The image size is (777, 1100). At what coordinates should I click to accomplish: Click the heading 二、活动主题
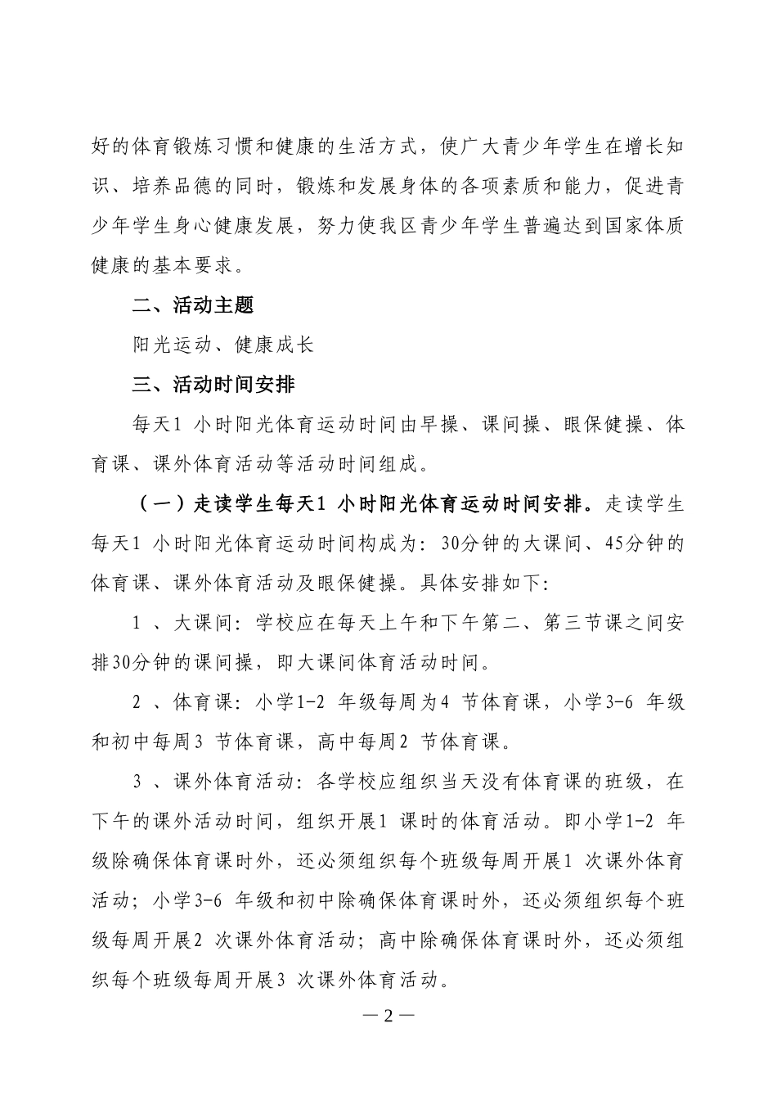click(193, 305)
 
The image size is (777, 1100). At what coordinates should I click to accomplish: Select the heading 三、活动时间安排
click(213, 384)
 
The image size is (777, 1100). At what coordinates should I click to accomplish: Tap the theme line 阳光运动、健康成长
click(223, 345)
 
